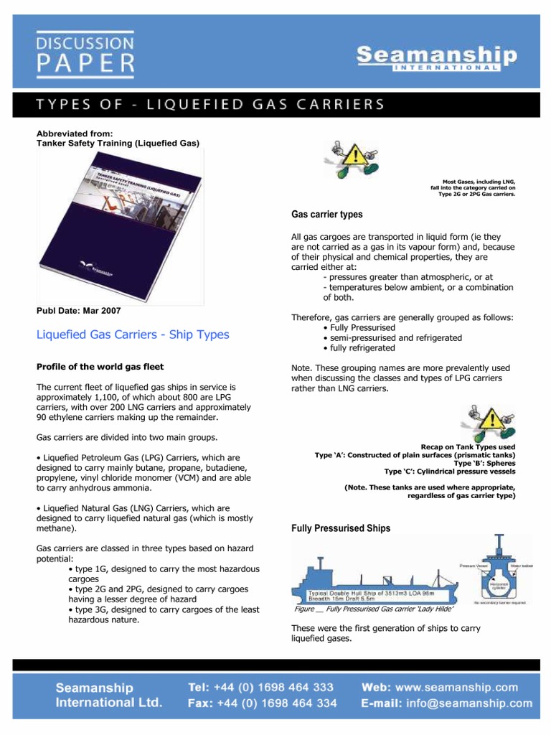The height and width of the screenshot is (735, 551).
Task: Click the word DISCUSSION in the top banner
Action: (x=85, y=42)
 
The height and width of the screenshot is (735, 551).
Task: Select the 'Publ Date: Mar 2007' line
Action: (x=79, y=311)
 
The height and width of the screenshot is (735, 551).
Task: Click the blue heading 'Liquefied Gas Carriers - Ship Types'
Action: (x=133, y=334)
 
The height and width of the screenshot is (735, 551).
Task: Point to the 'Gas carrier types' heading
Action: (x=326, y=215)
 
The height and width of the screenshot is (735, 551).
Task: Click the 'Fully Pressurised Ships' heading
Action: (x=341, y=528)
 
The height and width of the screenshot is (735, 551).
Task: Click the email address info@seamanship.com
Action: (x=470, y=703)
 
